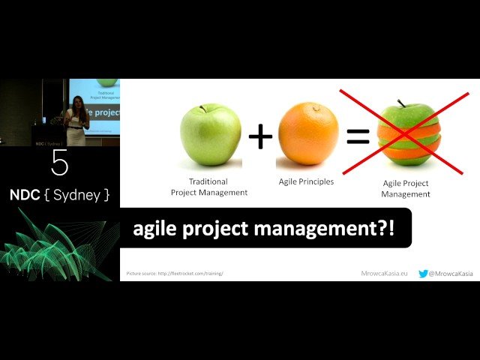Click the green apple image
coord(211,135)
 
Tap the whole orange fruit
coord(308,134)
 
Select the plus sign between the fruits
coord(260,136)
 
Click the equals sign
coord(358,136)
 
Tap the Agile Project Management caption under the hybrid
coord(405,189)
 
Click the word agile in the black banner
coord(154,229)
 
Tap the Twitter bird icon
coord(423,274)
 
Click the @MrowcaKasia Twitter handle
coord(451,274)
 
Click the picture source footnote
coord(175,274)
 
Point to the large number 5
coord(60,163)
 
